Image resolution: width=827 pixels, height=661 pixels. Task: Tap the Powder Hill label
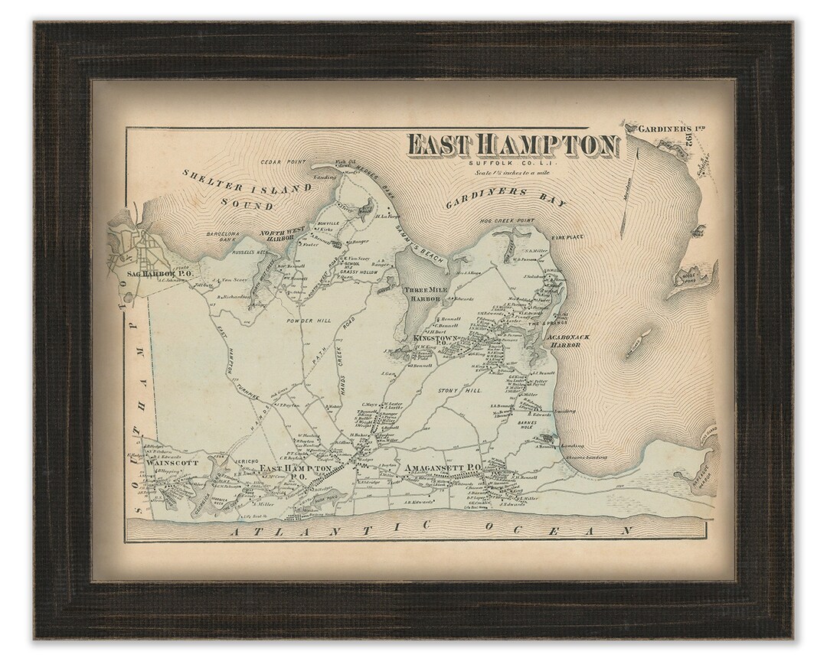coord(309,321)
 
